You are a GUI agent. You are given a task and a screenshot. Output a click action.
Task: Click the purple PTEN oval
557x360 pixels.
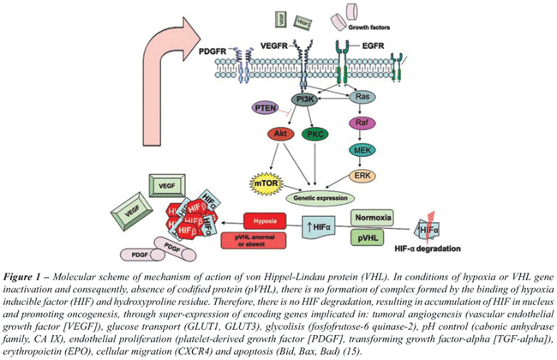pos(264,108)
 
